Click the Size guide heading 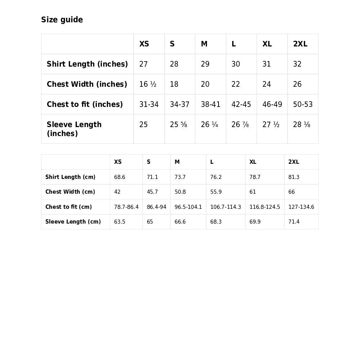[x=62, y=20]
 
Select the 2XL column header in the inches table [x=300, y=44]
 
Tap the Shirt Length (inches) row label [x=87, y=64]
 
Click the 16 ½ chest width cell [x=148, y=84]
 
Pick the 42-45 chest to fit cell [x=241, y=104]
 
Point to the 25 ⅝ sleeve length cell [x=179, y=125]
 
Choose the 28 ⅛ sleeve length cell [x=302, y=125]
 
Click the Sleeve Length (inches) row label [x=74, y=129]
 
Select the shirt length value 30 [x=236, y=64]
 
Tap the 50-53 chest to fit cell [x=303, y=104]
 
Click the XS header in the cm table [x=118, y=162]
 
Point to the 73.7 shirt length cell [x=180, y=177]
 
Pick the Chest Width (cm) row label [x=70, y=192]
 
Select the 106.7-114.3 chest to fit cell [x=225, y=207]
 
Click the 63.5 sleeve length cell [x=120, y=222]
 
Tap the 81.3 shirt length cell [x=294, y=177]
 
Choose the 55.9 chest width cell [x=216, y=192]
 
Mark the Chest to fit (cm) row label [x=68, y=207]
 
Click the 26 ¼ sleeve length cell [x=209, y=125]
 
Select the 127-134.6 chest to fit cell [x=301, y=207]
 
